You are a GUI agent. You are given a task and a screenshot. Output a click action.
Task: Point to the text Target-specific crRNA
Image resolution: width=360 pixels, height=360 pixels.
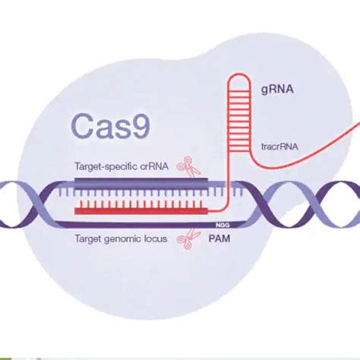point(122,166)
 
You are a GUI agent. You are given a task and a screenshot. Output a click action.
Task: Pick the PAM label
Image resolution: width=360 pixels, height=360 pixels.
point(224,238)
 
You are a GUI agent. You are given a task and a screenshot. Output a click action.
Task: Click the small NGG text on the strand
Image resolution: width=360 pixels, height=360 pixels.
point(223,225)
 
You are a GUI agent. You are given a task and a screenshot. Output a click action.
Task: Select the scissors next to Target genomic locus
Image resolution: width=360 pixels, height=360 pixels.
point(184,239)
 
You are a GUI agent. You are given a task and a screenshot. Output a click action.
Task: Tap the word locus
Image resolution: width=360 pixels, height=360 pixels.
point(157,238)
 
